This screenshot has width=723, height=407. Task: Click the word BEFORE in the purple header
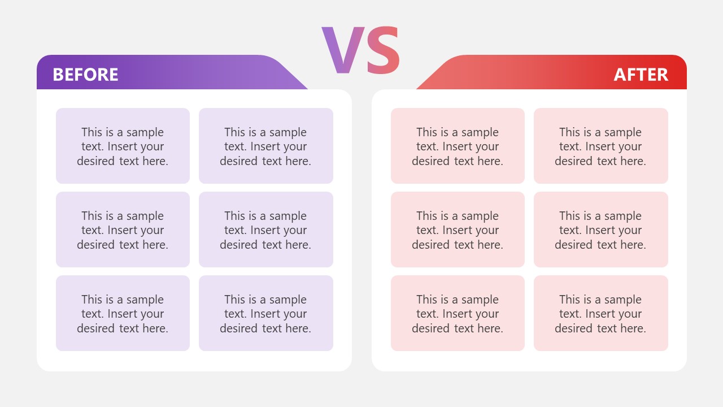(x=85, y=75)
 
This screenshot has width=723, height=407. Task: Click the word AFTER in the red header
(x=641, y=75)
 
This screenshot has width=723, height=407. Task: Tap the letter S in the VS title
(x=384, y=51)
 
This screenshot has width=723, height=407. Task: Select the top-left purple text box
(x=123, y=146)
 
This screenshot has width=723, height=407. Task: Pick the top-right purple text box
(x=265, y=146)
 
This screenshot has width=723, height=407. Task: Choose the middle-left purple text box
(x=123, y=230)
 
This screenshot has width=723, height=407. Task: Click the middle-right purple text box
(x=265, y=230)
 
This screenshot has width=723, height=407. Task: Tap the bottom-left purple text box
(x=123, y=313)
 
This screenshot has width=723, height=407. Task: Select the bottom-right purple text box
(x=265, y=313)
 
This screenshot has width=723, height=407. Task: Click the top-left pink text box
(x=458, y=146)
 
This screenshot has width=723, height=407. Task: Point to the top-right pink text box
(x=600, y=146)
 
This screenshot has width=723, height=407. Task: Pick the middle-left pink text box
(x=458, y=230)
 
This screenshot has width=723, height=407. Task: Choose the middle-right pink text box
(x=600, y=230)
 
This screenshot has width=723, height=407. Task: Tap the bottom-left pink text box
(x=458, y=313)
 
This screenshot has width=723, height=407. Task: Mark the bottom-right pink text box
(x=600, y=313)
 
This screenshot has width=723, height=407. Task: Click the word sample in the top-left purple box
(x=145, y=132)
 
